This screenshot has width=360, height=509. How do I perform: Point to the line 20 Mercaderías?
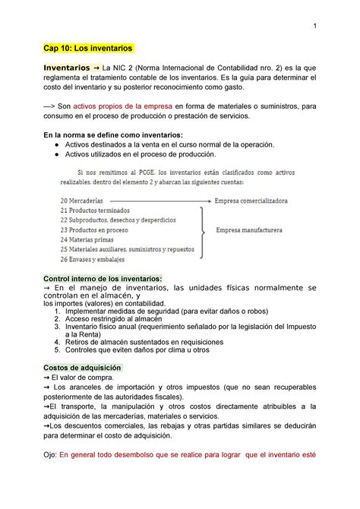point(84,201)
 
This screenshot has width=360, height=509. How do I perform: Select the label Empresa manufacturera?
point(249,229)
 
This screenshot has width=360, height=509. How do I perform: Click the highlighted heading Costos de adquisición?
point(83,366)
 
